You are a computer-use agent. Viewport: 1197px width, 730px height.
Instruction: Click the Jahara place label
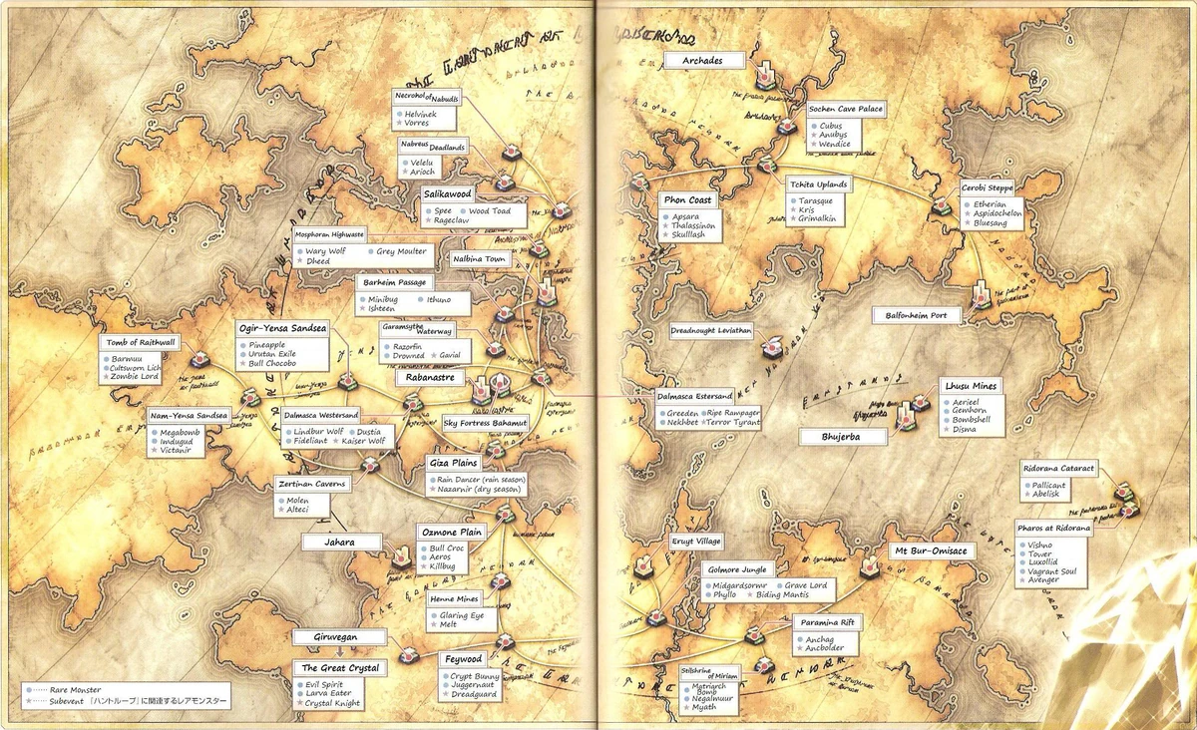tap(343, 542)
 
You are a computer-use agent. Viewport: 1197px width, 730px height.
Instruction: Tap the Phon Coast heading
tap(687, 199)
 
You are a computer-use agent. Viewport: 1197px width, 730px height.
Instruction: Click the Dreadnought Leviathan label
tap(711, 331)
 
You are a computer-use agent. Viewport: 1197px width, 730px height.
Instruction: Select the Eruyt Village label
tap(696, 541)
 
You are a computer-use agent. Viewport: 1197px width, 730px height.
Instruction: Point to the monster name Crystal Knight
tap(334, 704)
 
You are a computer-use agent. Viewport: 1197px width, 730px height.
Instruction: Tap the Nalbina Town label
tap(480, 259)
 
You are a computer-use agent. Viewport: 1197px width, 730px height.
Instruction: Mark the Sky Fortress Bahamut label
tap(485, 423)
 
